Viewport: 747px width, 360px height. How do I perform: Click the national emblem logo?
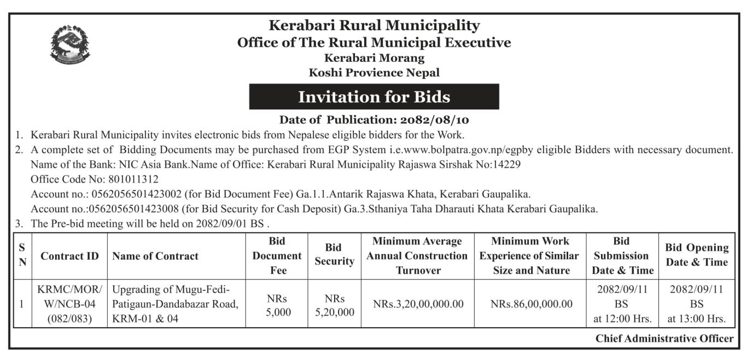tap(70, 44)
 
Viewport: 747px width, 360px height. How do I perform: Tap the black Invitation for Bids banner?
tap(374, 97)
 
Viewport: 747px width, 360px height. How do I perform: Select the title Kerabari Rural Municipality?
tap(374, 25)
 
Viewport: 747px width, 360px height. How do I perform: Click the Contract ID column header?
tap(69, 256)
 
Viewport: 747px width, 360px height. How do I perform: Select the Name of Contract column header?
tap(155, 256)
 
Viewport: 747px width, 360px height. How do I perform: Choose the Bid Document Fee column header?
tap(277, 256)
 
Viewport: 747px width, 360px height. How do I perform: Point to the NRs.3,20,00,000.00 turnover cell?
tap(418, 305)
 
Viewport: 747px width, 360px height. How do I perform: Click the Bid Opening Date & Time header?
tap(697, 255)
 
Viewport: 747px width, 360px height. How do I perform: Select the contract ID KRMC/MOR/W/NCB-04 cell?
tap(69, 305)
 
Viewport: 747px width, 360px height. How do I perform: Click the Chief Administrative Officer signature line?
tap(664, 339)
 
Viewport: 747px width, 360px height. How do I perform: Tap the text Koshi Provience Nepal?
tap(374, 72)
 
